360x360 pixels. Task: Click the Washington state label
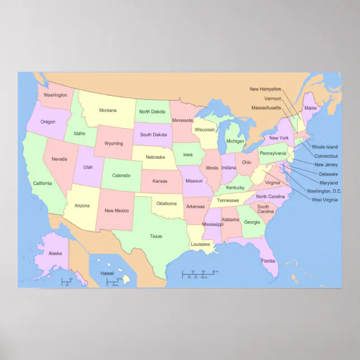click(x=55, y=95)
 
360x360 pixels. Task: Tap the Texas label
click(x=156, y=236)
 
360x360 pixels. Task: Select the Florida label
click(x=268, y=261)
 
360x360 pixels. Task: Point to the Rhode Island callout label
click(x=325, y=147)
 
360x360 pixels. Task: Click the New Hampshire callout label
click(x=266, y=89)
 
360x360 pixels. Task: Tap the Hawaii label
click(x=107, y=273)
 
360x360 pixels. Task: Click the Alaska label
click(x=55, y=253)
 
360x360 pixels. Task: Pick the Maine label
click(x=310, y=108)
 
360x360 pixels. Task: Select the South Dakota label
click(x=153, y=135)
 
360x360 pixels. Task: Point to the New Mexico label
click(x=117, y=211)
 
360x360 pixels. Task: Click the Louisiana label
click(x=200, y=244)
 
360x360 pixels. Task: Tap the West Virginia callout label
click(x=325, y=200)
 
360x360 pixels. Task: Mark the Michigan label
click(x=235, y=141)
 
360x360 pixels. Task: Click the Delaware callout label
click(x=328, y=174)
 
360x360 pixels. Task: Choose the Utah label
click(x=88, y=167)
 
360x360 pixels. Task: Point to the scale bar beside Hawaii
click(x=115, y=281)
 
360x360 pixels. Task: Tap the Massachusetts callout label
click(x=266, y=107)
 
